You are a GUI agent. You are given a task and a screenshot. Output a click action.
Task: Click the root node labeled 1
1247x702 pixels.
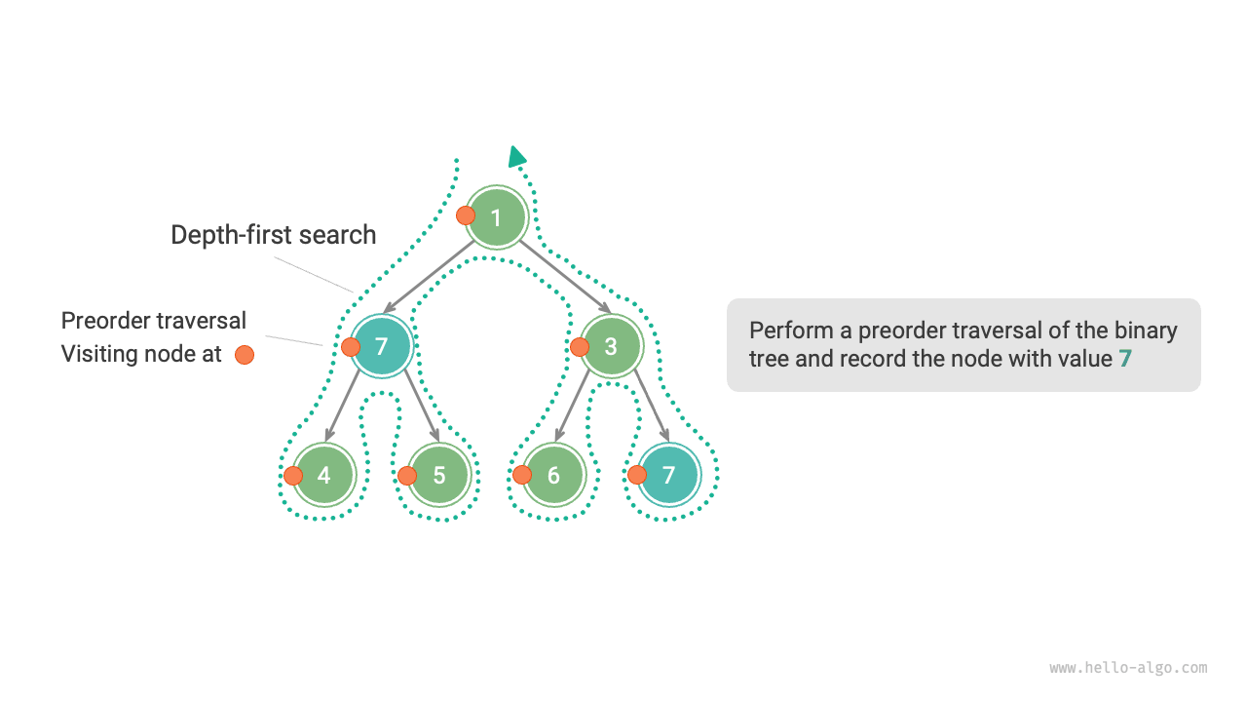496,217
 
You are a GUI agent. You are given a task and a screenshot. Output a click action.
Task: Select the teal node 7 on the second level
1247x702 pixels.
382,347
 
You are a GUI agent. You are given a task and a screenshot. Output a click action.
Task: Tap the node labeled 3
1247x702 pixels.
611,347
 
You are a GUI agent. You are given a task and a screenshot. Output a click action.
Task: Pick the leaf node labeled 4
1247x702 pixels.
324,475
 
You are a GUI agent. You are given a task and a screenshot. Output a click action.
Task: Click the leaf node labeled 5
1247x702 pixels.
439,475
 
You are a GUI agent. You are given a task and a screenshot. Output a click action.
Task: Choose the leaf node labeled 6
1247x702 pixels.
553,475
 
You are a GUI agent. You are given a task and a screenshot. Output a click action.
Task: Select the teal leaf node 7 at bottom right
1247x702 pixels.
668,475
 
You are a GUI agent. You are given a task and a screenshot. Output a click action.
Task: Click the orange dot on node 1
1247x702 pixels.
466,215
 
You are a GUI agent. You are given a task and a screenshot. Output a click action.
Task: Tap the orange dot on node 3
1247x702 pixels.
580,346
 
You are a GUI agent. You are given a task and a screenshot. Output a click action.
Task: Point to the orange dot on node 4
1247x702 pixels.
293,476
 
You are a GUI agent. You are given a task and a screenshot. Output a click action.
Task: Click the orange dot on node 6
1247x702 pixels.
522,475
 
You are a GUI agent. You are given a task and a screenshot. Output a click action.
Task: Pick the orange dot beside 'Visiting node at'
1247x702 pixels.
245,355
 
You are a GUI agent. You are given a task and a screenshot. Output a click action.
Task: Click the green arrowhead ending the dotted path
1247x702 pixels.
516,157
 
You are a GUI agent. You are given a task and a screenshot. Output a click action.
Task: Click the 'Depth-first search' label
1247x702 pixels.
273,235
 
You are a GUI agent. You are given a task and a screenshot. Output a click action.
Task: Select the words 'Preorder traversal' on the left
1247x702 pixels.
154,321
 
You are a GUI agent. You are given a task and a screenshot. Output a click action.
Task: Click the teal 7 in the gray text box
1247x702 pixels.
1125,358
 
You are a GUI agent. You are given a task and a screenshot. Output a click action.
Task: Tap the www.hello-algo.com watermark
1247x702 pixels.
1128,668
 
